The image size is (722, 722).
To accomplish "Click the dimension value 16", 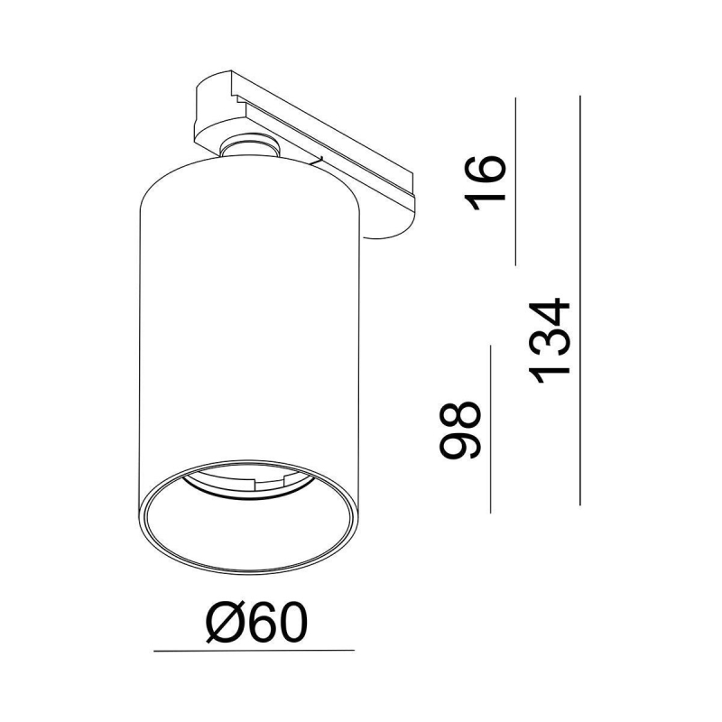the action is [x=486, y=182].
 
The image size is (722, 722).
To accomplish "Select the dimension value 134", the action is [x=551, y=342].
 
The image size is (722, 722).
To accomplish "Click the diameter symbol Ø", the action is [x=225, y=623].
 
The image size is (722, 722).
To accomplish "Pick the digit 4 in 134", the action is [x=551, y=312].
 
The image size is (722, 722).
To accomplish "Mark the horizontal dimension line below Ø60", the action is [x=254, y=651].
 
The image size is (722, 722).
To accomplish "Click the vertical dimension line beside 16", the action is [x=515, y=181].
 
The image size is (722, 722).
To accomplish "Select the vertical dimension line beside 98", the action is [x=491, y=430].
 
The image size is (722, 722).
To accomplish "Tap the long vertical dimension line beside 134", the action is [x=579, y=301].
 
